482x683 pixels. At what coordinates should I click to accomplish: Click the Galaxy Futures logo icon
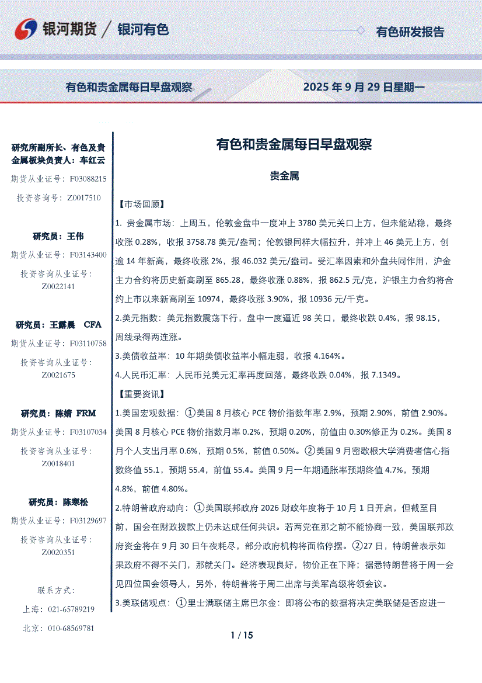point(27,30)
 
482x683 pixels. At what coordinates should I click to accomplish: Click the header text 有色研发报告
point(410,32)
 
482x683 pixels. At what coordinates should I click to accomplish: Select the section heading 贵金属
point(285,176)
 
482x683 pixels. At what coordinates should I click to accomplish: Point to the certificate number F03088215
point(88,178)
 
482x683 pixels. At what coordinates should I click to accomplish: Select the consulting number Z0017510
point(84,198)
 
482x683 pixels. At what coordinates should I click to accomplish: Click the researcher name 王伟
point(75,237)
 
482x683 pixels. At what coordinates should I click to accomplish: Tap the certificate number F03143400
point(88,255)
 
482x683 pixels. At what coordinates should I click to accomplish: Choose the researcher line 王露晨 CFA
point(58,325)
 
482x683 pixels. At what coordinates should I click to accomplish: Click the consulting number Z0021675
point(58,375)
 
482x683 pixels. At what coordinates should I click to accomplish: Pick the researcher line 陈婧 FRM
point(58,414)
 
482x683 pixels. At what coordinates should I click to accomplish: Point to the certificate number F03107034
point(88,432)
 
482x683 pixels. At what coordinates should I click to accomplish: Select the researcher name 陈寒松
point(75,502)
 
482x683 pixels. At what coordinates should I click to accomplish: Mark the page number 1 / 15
point(242,636)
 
